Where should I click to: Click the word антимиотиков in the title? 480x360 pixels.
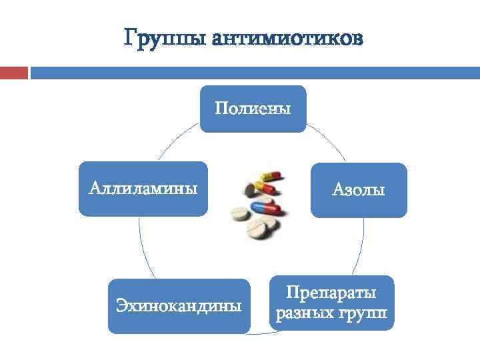tap(288, 39)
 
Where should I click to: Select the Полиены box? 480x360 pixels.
tap(253, 109)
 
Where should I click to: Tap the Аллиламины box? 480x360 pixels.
tap(143, 189)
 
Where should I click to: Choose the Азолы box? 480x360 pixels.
tap(358, 190)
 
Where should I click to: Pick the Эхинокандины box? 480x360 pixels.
tap(179, 306)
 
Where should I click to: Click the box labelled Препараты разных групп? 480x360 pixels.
tap(331, 303)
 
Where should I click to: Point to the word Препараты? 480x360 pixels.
tap(331, 293)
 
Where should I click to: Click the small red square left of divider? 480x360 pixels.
tap(14, 72)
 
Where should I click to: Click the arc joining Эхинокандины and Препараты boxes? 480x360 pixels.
tap(260, 333)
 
